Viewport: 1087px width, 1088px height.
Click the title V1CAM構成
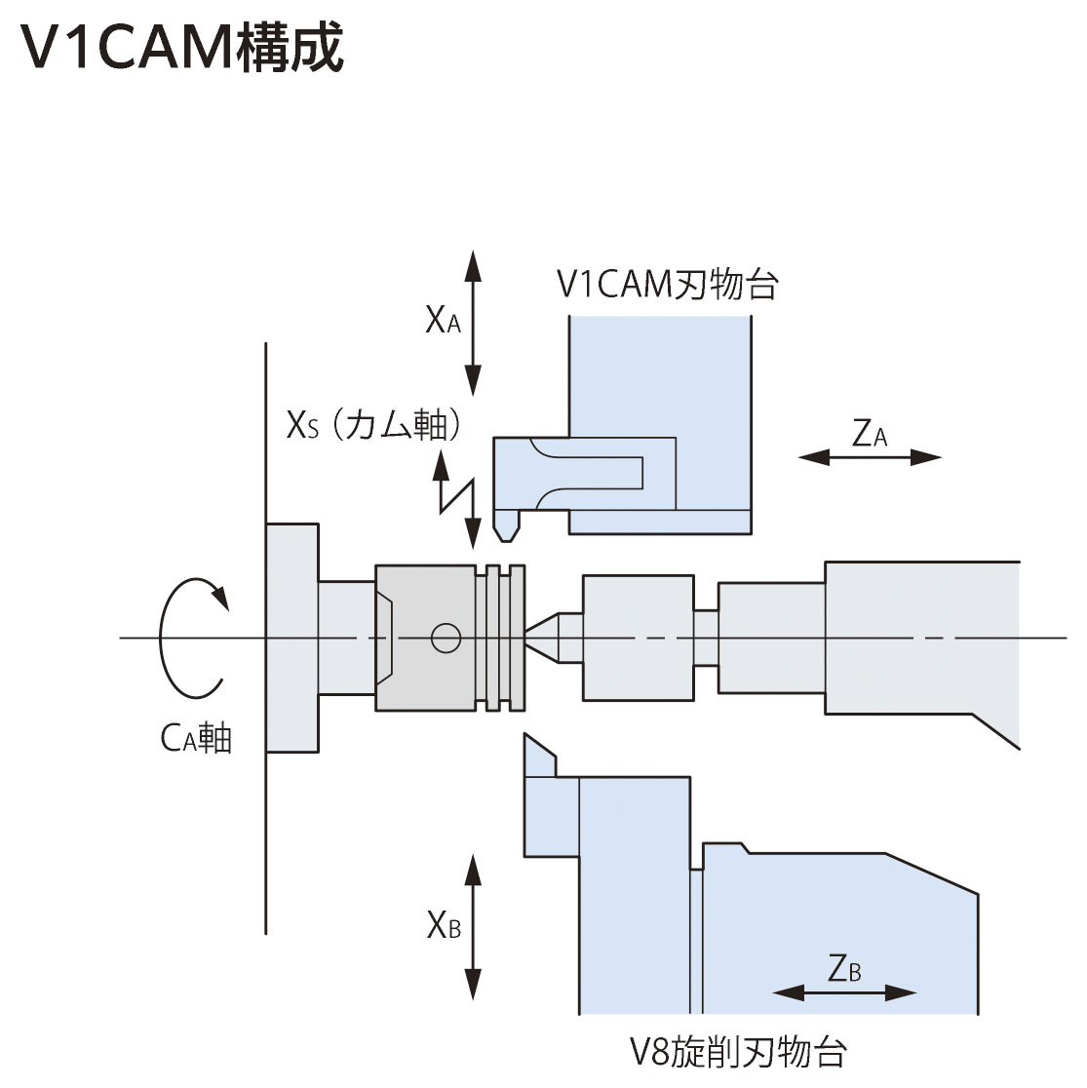182,47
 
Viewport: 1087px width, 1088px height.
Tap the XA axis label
443,321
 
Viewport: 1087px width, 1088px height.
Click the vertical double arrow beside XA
473,324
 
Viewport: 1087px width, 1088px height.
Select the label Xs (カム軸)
373,424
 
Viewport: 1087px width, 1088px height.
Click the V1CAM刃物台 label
668,284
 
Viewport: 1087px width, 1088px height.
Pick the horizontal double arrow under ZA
870,457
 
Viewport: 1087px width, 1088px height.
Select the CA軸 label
196,738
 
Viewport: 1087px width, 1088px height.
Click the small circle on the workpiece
446,638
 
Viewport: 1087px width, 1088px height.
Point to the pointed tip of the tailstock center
526,632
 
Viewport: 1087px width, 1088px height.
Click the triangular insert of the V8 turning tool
539,758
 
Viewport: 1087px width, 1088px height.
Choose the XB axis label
444,924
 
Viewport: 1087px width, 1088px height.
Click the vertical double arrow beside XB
473,927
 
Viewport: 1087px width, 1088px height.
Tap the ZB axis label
844,968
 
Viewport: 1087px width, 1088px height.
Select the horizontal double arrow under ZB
844,992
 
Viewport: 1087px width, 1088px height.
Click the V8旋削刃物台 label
738,1052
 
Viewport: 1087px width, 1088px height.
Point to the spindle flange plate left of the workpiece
292,638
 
